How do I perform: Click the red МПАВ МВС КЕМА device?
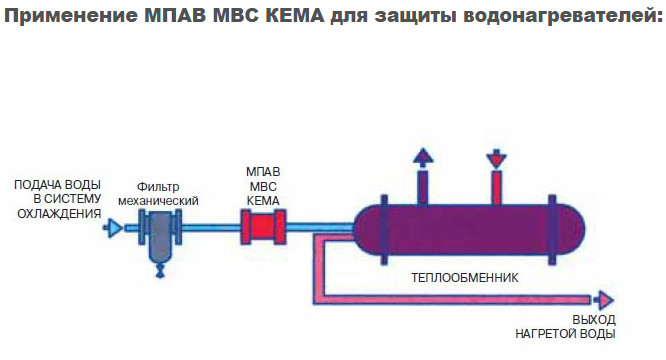(x=262, y=229)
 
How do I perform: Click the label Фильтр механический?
(x=158, y=193)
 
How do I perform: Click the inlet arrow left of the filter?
(x=115, y=229)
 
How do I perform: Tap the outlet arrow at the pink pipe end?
(x=604, y=298)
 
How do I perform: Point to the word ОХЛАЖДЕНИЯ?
(x=58, y=212)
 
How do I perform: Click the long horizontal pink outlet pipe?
(x=460, y=298)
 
